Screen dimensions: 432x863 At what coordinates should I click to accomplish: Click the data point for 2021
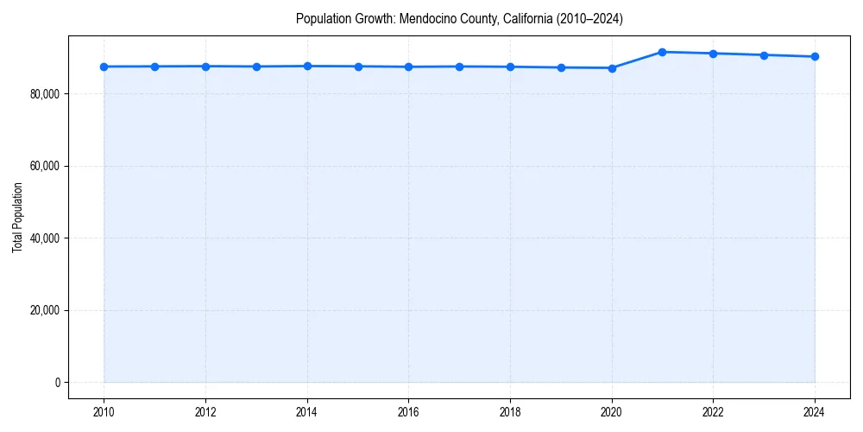coord(662,52)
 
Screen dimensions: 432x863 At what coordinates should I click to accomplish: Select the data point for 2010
coord(104,67)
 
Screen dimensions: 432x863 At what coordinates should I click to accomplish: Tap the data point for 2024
coord(815,57)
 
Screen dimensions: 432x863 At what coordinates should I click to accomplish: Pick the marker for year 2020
coord(612,67)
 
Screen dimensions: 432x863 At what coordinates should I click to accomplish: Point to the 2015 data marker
coord(358,67)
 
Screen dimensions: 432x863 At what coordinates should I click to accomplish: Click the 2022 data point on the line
coord(713,54)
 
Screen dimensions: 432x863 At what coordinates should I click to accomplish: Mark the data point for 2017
coord(459,67)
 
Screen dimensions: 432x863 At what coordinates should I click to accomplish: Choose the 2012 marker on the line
coord(205,66)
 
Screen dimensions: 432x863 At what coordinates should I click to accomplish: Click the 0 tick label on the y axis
coord(57,382)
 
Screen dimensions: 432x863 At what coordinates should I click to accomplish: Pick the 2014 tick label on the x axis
coord(307,412)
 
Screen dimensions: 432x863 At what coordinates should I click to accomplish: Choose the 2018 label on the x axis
coord(510,412)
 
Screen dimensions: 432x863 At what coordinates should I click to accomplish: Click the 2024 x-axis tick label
coord(815,412)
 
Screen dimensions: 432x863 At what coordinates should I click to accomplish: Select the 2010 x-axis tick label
coord(104,412)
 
